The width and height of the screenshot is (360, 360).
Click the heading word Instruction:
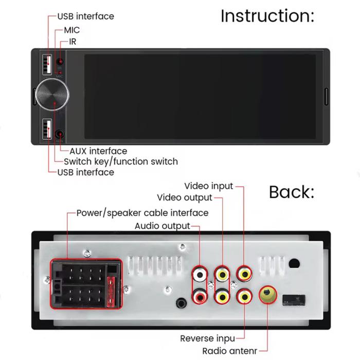(x=267, y=16)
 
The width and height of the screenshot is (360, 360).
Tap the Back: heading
(x=292, y=192)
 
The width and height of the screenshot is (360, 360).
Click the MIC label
(x=72, y=30)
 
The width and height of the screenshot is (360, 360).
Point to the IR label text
(x=73, y=42)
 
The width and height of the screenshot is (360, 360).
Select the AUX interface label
(x=98, y=151)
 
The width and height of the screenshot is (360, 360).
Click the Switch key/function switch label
(x=121, y=161)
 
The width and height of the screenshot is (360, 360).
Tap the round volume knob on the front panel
(x=52, y=94)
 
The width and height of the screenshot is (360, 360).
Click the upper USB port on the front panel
(x=47, y=64)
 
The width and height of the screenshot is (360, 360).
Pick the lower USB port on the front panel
(x=47, y=129)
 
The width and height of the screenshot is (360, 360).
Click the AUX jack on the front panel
(x=60, y=134)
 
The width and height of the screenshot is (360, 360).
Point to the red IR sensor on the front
(x=60, y=62)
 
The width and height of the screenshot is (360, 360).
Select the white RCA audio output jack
(x=200, y=275)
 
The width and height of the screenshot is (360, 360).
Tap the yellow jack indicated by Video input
(x=244, y=274)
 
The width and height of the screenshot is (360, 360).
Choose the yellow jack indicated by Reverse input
(x=244, y=297)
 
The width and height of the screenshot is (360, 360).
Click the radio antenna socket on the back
(x=267, y=295)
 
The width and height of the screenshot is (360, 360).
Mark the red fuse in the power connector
(x=111, y=292)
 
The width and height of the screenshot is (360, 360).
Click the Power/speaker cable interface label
(x=142, y=213)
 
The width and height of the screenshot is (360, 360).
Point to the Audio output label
(x=163, y=226)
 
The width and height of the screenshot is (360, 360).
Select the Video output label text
(x=185, y=197)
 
